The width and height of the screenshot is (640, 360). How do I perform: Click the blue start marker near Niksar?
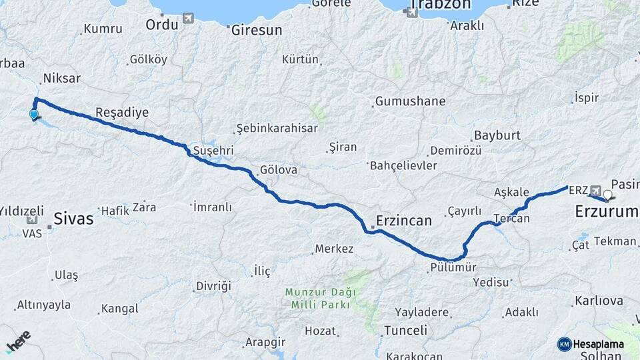coord(34,115)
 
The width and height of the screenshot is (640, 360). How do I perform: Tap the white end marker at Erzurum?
coord(607,195)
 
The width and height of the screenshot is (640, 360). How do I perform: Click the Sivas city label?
coord(73,218)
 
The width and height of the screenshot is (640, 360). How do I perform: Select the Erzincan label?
coord(404,220)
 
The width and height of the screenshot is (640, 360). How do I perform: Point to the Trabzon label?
coord(439,5)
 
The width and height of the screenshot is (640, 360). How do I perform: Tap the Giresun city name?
coord(257,30)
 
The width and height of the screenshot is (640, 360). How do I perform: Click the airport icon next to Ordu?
coord(188,17)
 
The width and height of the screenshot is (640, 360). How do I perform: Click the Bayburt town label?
coord(497,135)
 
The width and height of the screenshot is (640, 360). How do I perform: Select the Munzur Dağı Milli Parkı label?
coord(321,298)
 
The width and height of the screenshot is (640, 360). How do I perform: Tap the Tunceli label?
coord(405,330)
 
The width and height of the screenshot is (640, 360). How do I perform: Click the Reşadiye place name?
coord(122,112)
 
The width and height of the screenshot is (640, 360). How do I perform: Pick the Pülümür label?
coord(453,267)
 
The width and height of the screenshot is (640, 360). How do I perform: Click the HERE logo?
coord(17,342)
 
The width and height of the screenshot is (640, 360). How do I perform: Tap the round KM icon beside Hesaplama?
coord(564,344)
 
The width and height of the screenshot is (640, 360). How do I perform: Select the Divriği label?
coord(213,286)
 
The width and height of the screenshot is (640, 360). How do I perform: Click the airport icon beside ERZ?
coord(595,190)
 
